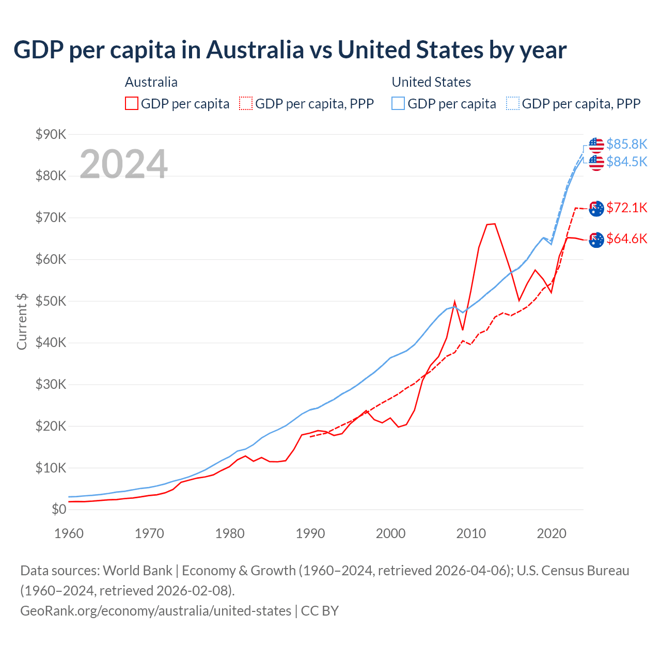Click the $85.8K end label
coord(626,144)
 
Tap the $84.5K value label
coord(626,162)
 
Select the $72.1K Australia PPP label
coord(626,208)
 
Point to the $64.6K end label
coord(626,239)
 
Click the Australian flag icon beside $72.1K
coord(596,209)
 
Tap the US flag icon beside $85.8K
coord(596,145)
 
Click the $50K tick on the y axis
coord(51,301)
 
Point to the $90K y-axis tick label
coord(51,134)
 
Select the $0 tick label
coord(59,510)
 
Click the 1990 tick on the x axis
coord(310,533)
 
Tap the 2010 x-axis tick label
coord(471,533)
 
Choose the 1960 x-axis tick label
coord(69,533)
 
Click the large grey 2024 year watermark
coord(123,164)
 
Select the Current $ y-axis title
coord(22,321)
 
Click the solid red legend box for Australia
coord(132,104)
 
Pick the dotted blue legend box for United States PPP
coord(513,104)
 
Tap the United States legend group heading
coord(431,82)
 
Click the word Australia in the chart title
coord(255,50)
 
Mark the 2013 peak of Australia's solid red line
coord(495,224)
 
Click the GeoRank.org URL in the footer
coord(155,611)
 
